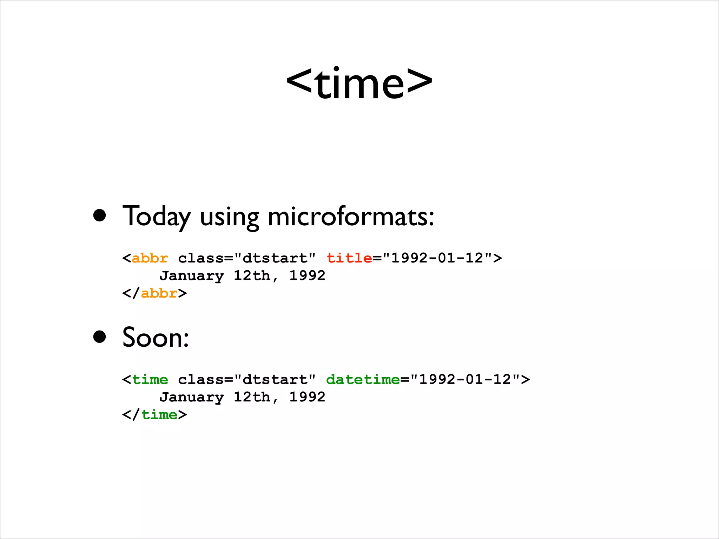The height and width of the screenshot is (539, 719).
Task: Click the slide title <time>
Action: [x=359, y=84]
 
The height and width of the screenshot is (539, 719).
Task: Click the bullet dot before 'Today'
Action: [x=100, y=216]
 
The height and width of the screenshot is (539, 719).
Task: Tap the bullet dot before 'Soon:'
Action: [x=100, y=337]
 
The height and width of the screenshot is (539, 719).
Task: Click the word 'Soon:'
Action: [x=156, y=337]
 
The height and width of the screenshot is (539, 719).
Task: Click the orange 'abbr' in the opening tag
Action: [x=150, y=258]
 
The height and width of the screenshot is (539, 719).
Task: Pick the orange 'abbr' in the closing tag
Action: [x=159, y=293]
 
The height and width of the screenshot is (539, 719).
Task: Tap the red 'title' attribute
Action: [x=349, y=258]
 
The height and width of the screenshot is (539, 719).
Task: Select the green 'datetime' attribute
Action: [x=363, y=380]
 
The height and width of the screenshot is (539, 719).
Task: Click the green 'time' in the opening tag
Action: [x=150, y=380]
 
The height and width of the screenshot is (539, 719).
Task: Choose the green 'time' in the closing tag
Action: [x=159, y=415]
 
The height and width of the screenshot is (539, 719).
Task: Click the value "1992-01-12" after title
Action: [x=437, y=258]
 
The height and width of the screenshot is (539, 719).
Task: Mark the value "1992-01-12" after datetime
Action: [x=465, y=380]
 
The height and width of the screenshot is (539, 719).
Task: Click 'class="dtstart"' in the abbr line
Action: [x=247, y=258]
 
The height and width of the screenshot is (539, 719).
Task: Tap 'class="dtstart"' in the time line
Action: [x=247, y=380]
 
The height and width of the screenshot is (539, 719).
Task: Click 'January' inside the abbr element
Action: [x=192, y=276]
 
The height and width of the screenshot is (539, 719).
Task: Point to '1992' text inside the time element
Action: [x=307, y=397]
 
